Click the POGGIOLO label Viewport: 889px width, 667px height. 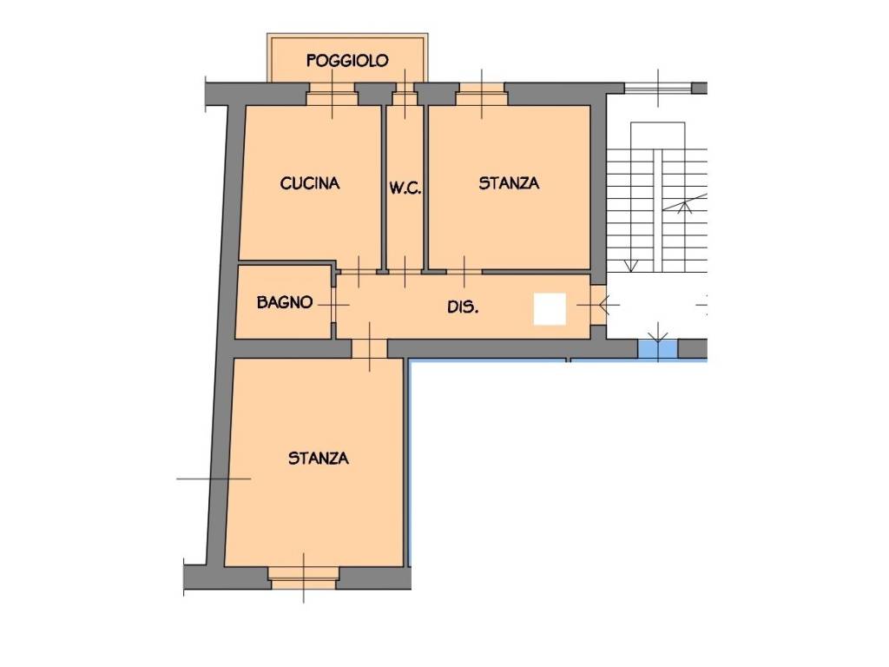347,60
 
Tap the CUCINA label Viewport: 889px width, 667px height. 310,183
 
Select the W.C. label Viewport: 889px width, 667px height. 405,188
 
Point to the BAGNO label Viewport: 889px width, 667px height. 285,302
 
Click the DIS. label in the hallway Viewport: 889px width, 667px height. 463,307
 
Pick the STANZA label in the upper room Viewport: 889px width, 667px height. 509,183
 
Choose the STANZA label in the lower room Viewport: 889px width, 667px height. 318,459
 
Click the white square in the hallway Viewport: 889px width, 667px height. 550,309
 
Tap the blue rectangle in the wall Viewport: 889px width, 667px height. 658,349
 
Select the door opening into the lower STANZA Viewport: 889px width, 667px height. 370,349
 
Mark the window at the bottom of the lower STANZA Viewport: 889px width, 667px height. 303,578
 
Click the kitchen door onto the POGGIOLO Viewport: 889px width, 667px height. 332,94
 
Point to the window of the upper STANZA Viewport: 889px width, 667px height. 481,94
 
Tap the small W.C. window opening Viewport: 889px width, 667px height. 405,94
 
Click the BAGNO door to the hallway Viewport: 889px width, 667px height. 334,305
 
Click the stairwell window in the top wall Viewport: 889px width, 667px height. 658,88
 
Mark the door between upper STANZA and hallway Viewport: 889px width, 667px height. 464,272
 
